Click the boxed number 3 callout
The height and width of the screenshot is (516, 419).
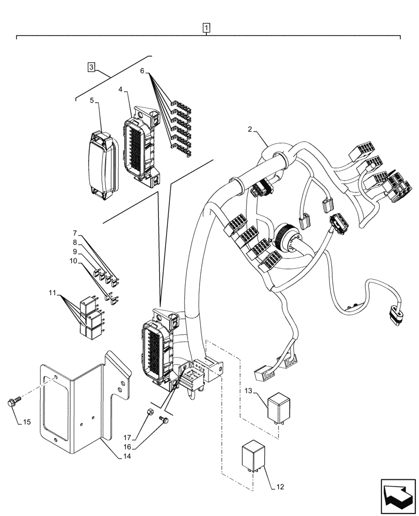(91, 67)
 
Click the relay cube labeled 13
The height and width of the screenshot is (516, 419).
(279, 408)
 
